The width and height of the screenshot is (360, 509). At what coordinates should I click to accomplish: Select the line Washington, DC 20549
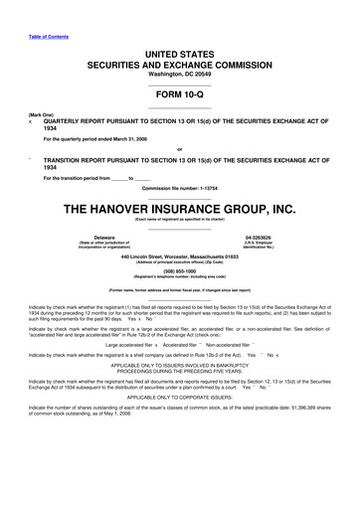coord(180,73)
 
